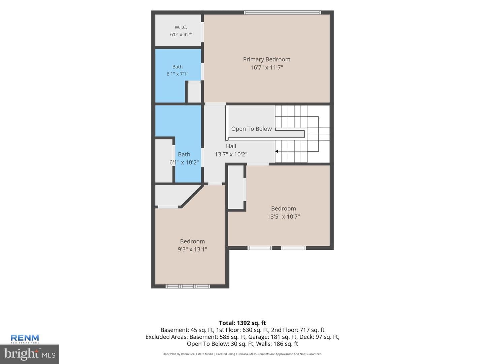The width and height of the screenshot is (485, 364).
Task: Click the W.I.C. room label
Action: [181, 27]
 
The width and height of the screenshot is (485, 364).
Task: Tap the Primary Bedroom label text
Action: [266, 59]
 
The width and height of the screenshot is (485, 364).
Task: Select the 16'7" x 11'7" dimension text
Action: [266, 67]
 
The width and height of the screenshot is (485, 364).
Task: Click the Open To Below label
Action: [251, 129]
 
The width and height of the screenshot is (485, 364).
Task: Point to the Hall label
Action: [231, 146]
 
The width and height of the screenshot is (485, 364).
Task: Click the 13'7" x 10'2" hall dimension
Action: [231, 154]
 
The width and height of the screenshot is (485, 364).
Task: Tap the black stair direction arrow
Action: [277, 151]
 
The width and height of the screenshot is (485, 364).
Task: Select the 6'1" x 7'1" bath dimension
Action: [177, 74]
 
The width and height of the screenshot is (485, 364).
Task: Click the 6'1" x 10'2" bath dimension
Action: [184, 162]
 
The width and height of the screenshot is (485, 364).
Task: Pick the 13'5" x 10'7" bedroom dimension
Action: [283, 216]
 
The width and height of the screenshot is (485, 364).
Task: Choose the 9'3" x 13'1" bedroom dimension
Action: [192, 249]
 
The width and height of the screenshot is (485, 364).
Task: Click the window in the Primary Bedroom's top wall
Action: [282, 12]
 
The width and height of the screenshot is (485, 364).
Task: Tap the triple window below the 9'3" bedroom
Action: [188, 286]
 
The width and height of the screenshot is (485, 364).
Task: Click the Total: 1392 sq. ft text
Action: [243, 323]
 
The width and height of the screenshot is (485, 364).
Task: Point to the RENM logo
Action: [25, 339]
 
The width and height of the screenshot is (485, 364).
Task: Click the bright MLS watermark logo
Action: [30, 354]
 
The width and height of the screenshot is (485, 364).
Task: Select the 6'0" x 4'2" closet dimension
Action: [181, 34]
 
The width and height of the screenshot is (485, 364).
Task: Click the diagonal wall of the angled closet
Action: [192, 196]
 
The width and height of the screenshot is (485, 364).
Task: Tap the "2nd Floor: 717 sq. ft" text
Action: [298, 330]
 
